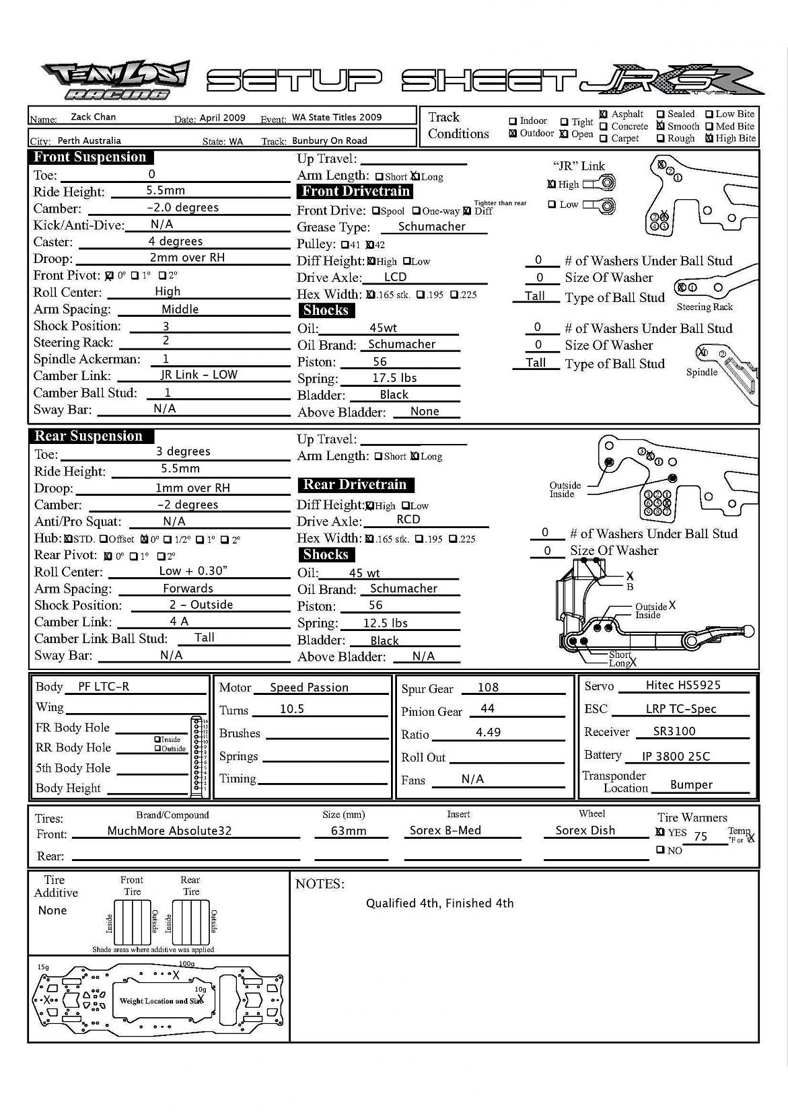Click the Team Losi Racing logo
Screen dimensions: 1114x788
(115, 80)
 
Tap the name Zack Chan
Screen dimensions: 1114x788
(93, 117)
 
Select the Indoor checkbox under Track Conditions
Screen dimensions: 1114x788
(513, 121)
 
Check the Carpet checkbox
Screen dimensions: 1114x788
(604, 139)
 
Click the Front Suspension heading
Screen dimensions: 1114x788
(90, 157)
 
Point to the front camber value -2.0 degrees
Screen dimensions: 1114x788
(182, 208)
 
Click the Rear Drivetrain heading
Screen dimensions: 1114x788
(355, 485)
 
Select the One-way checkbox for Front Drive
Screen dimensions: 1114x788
(417, 211)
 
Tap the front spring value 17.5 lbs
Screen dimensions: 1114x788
(394, 378)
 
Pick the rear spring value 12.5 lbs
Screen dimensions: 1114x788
(385, 623)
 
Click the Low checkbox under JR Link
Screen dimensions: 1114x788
(552, 205)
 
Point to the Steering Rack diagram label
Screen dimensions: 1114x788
(704, 307)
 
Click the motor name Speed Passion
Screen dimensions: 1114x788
(309, 688)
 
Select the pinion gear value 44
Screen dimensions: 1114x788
(487, 708)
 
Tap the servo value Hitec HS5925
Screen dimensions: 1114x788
(682, 685)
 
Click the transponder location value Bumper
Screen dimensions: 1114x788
(691, 784)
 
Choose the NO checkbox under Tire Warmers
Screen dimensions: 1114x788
(660, 850)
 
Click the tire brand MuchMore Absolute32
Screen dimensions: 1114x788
(169, 831)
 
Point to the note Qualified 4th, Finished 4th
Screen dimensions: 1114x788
(439, 903)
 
